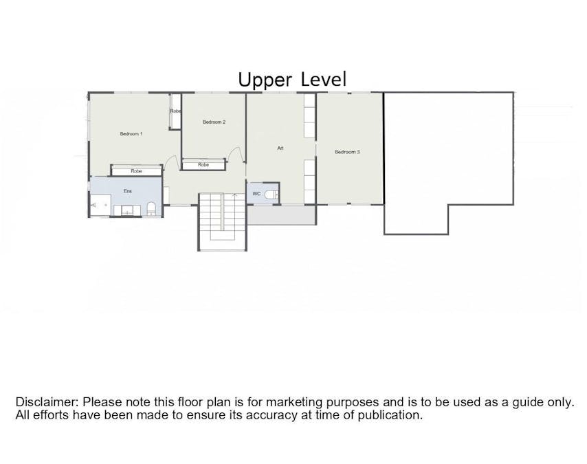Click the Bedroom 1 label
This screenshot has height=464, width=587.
(x=131, y=133)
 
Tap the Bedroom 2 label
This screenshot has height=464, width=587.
(x=214, y=122)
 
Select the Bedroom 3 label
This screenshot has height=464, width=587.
(x=347, y=152)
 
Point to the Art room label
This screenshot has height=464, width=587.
(x=280, y=148)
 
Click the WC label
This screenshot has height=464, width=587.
(x=256, y=194)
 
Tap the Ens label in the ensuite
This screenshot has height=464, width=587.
(x=128, y=191)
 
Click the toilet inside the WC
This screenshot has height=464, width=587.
(x=272, y=195)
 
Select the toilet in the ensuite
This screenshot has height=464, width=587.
(x=151, y=209)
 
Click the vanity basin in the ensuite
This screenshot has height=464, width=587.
(x=127, y=210)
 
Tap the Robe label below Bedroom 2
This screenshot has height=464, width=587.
(x=203, y=164)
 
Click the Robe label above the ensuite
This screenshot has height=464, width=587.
(x=136, y=170)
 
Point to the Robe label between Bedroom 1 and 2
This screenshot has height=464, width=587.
(x=175, y=111)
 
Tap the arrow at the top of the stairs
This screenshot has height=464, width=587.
(x=234, y=195)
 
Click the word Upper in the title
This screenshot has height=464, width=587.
(x=265, y=80)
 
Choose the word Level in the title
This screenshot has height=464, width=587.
(x=324, y=79)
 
